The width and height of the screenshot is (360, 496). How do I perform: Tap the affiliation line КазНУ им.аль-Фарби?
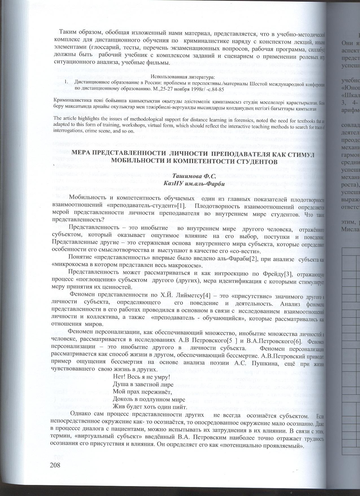click(195, 183)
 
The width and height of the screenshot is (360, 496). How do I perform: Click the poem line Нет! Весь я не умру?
click(141, 377)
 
